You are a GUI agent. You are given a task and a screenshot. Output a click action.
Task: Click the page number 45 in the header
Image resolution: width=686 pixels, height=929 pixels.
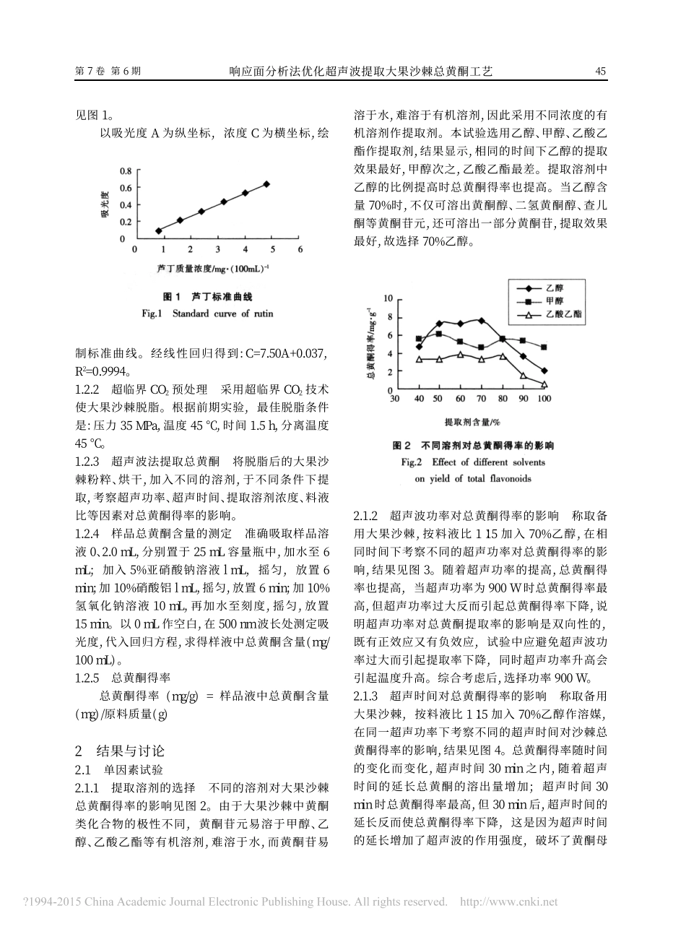point(599,72)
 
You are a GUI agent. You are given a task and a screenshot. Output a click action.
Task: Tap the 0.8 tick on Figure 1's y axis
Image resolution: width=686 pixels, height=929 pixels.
point(126,171)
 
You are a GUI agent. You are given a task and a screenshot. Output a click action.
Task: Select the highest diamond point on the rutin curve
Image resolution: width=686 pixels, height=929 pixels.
point(266,184)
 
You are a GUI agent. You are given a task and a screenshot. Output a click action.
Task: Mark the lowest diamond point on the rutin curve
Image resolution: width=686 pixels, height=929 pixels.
point(158,230)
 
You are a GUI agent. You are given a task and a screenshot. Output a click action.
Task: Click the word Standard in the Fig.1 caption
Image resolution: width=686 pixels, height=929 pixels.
point(190,314)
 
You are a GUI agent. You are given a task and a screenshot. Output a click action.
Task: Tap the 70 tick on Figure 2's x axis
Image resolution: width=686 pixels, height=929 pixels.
point(482,399)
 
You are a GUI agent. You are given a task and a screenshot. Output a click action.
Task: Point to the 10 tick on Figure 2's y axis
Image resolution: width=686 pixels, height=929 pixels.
point(387,298)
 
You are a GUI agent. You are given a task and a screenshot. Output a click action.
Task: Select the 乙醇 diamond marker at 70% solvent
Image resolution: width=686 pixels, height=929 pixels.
point(482,320)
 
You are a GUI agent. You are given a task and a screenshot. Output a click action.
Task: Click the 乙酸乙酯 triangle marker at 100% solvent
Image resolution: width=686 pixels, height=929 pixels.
point(544,384)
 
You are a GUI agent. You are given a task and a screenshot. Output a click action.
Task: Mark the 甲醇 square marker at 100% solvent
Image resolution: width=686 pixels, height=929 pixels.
point(544,347)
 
